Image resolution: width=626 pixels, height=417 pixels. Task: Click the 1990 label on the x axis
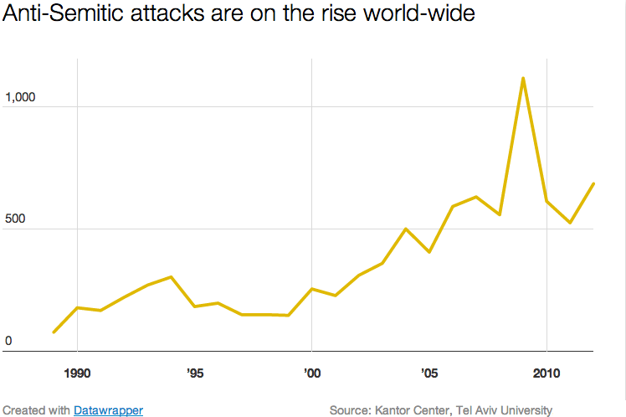pos(77,371)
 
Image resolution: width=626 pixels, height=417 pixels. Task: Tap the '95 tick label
pos(194,371)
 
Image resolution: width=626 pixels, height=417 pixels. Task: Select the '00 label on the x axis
pos(311,371)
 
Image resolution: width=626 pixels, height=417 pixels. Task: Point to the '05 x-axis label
pos(428,371)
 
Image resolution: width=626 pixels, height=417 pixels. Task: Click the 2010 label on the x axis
pos(546,371)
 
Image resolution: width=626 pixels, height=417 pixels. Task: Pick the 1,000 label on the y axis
pos(21,98)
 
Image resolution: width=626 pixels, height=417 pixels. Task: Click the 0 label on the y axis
pos(8,341)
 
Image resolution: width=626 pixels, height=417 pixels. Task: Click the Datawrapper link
pos(108,410)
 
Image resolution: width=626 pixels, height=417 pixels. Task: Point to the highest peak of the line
pos(522,79)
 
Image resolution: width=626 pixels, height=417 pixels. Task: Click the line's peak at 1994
pos(171,277)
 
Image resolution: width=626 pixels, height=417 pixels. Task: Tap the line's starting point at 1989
pos(54,332)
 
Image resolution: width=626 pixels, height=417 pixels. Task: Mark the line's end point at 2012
pos(593,183)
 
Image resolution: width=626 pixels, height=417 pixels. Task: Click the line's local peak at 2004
pos(405,229)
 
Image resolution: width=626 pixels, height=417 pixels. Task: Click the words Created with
pos(36,410)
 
